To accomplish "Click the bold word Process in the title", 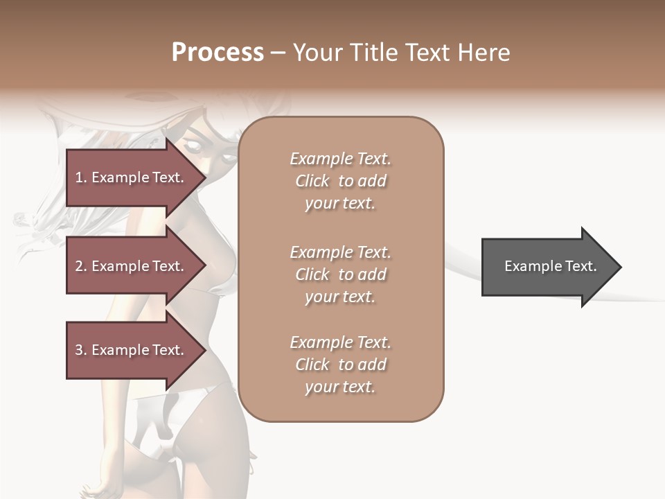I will [218, 53].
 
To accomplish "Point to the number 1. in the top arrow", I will [81, 177].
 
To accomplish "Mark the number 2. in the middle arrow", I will [81, 266].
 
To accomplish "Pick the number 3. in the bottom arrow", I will [81, 350].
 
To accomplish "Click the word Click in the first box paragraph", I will [312, 181].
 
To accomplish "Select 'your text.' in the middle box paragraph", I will [340, 297].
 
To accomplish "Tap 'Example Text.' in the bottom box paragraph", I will [340, 342].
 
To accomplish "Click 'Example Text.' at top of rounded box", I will [340, 159].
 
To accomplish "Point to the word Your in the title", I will [317, 53].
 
